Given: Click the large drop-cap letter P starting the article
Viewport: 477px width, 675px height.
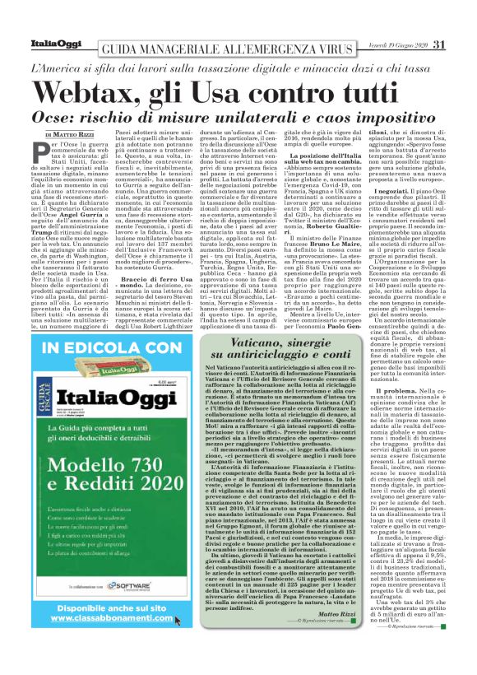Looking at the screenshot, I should pos(52,152).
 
